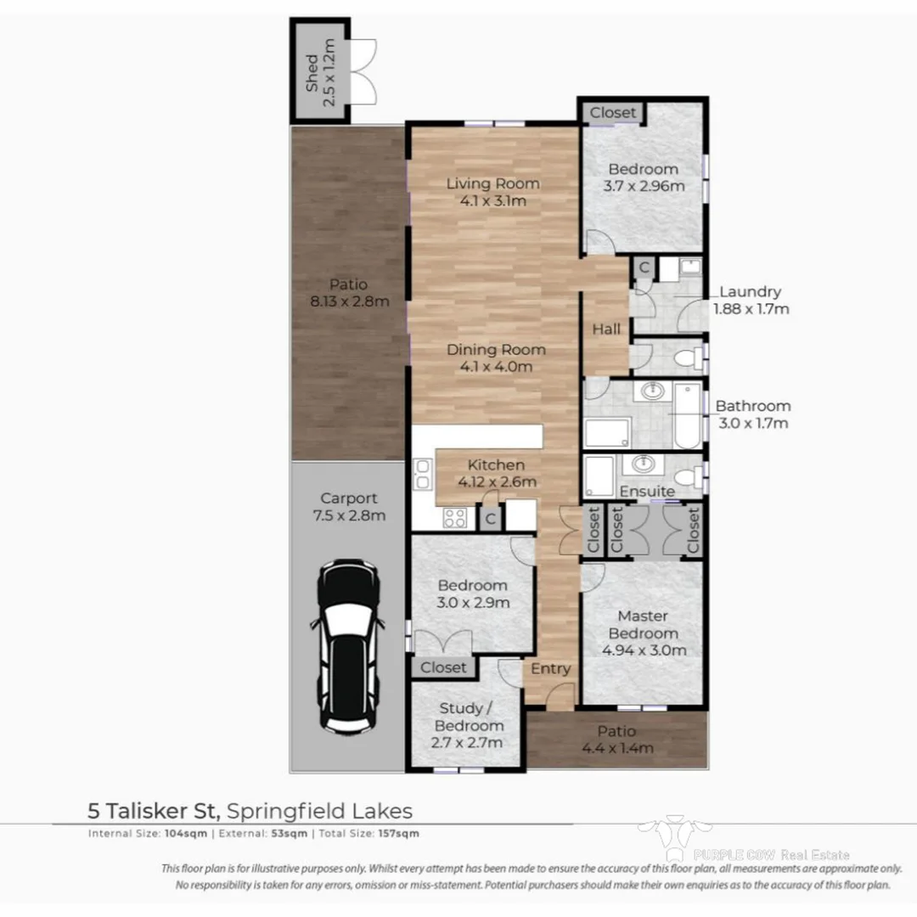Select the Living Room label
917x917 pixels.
pos(493,183)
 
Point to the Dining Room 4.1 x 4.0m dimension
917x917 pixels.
pos(496,367)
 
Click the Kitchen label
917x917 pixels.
pos(497,464)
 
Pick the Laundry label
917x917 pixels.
pos(750,292)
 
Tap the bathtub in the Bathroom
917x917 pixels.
pos(688,416)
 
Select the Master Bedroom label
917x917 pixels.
pos(643,625)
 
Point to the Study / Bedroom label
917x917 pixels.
pos(469,717)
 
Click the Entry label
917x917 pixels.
pos(550,669)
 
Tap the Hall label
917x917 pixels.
pos(606,329)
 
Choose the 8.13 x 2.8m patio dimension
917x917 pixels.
pos(351,301)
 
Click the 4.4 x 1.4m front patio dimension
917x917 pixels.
pos(617,748)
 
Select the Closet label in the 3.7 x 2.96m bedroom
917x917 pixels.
pos(612,112)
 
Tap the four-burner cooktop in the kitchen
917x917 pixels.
pos(454,517)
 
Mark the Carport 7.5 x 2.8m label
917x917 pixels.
pos(349,507)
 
